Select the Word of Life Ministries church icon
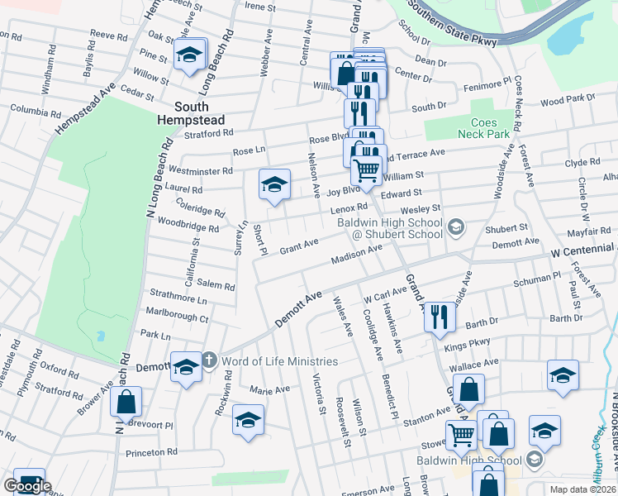tap(209, 360)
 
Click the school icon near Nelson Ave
tap(274, 185)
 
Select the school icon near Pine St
tap(190, 55)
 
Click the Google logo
tap(27, 486)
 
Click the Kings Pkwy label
tap(467, 343)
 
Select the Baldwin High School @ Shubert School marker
tap(454, 227)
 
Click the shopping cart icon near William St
tap(367, 170)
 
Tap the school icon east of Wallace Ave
tap(563, 375)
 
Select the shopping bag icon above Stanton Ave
tap(468, 390)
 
